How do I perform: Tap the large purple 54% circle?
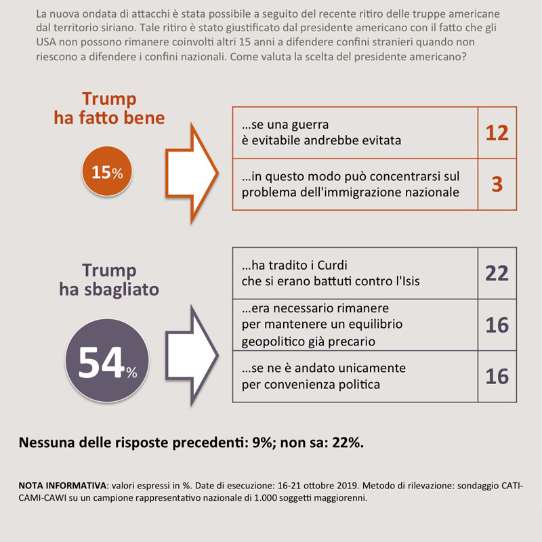tap(107, 363)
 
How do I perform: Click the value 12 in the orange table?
tap(497, 133)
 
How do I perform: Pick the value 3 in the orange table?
tap(497, 184)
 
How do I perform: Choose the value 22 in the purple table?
tap(497, 272)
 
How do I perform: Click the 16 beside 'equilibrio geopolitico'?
tap(497, 325)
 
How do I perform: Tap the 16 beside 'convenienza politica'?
tap(497, 376)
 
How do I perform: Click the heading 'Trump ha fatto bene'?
tap(109, 108)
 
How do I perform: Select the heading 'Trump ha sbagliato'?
tap(109, 280)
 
